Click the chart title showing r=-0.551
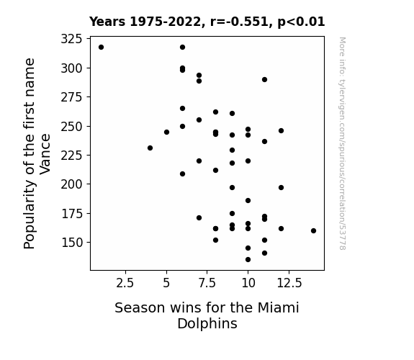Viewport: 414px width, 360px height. point(207,22)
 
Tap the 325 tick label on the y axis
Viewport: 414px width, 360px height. point(71,39)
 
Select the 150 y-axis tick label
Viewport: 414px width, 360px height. point(71,242)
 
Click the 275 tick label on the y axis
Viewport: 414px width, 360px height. point(71,97)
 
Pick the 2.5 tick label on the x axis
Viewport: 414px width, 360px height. point(125,283)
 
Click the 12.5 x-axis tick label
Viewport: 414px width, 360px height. point(289,283)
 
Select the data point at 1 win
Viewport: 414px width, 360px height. point(101,48)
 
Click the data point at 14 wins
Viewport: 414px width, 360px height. point(313,230)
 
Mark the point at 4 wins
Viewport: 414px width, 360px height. point(150,148)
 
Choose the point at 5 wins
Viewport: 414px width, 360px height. point(166,132)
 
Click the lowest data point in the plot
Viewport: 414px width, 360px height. point(248,260)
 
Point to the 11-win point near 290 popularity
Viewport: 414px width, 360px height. point(264,79)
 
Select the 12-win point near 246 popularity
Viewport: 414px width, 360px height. point(281,131)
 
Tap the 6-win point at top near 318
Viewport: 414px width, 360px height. point(182,48)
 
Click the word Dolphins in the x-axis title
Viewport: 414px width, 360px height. point(207,323)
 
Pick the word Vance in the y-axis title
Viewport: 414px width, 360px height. point(45,154)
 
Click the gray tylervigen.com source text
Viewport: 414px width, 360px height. point(342,143)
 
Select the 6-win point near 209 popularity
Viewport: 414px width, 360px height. point(182,174)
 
